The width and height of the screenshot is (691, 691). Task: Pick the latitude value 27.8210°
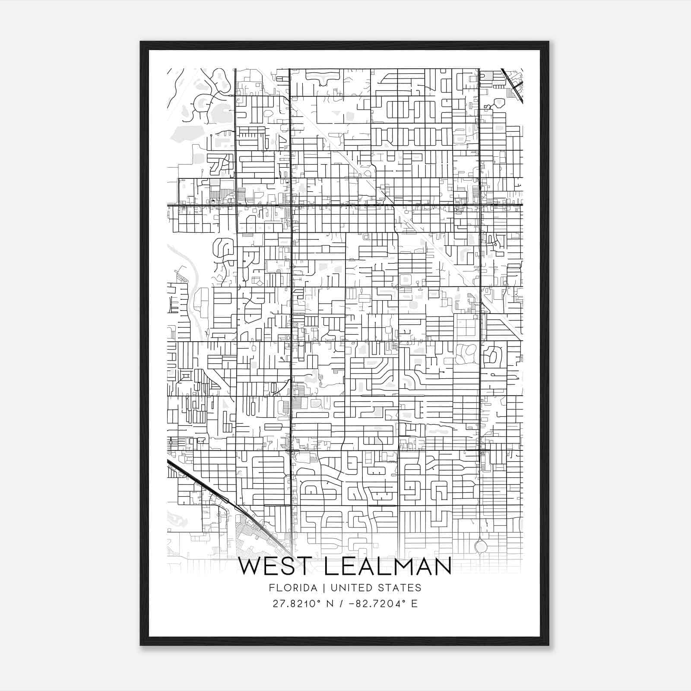pyautogui.click(x=298, y=604)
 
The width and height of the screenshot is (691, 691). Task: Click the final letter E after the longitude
pyautogui.click(x=414, y=604)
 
